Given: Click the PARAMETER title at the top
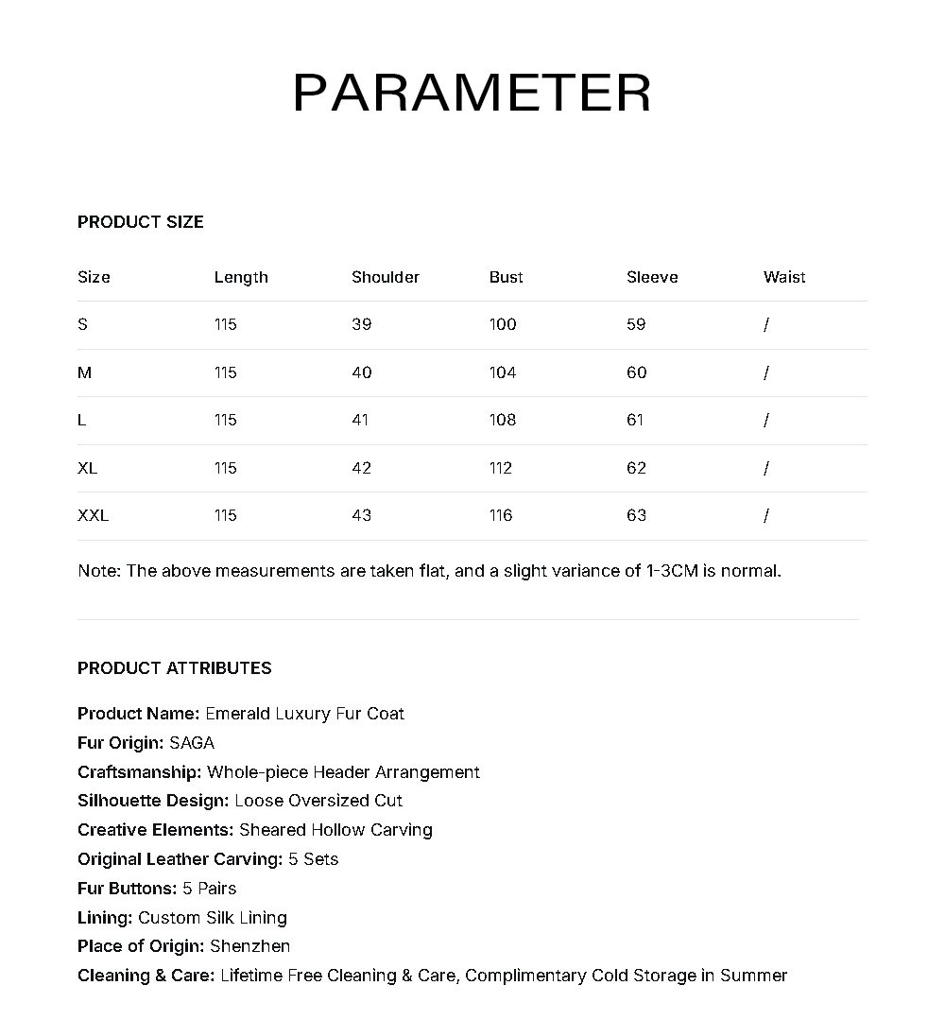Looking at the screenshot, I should (472, 93).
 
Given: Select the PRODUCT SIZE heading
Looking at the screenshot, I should (141, 222).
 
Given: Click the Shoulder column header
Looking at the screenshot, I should (386, 277).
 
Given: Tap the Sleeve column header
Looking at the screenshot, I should (652, 277).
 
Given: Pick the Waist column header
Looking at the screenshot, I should (784, 277).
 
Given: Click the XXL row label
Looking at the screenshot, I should (93, 515).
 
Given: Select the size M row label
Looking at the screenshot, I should (85, 372).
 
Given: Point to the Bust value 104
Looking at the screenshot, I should (503, 372).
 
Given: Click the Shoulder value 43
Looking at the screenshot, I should (361, 515).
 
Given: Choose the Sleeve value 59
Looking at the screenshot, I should (636, 324).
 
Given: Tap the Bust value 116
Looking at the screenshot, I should (501, 515).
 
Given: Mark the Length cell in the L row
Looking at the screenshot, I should (225, 420).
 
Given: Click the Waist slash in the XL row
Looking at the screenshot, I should (766, 468).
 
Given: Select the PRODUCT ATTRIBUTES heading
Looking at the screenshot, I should (175, 668).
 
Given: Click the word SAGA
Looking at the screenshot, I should (192, 743).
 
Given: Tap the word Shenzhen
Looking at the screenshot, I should (250, 946).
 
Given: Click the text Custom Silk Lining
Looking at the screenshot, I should (213, 918).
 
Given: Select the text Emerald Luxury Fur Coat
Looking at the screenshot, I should (304, 714).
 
